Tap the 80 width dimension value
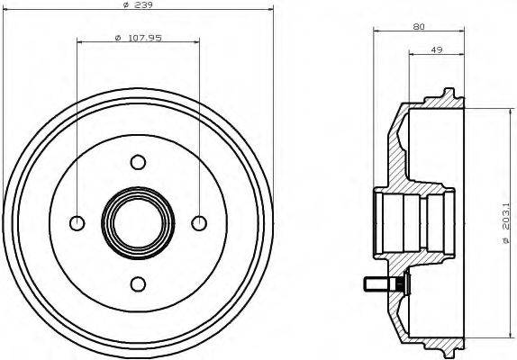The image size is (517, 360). click(x=418, y=27)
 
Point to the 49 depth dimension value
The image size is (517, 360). click(x=436, y=50)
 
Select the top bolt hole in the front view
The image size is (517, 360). click(x=138, y=162)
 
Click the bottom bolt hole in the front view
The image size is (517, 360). click(x=138, y=283)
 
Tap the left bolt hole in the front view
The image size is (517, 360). click(x=77, y=222)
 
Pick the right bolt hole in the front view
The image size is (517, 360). click(x=199, y=222)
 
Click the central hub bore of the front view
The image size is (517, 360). click(x=138, y=222)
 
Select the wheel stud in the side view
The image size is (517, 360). click(x=382, y=285)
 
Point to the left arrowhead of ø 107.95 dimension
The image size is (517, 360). click(x=80, y=41)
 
